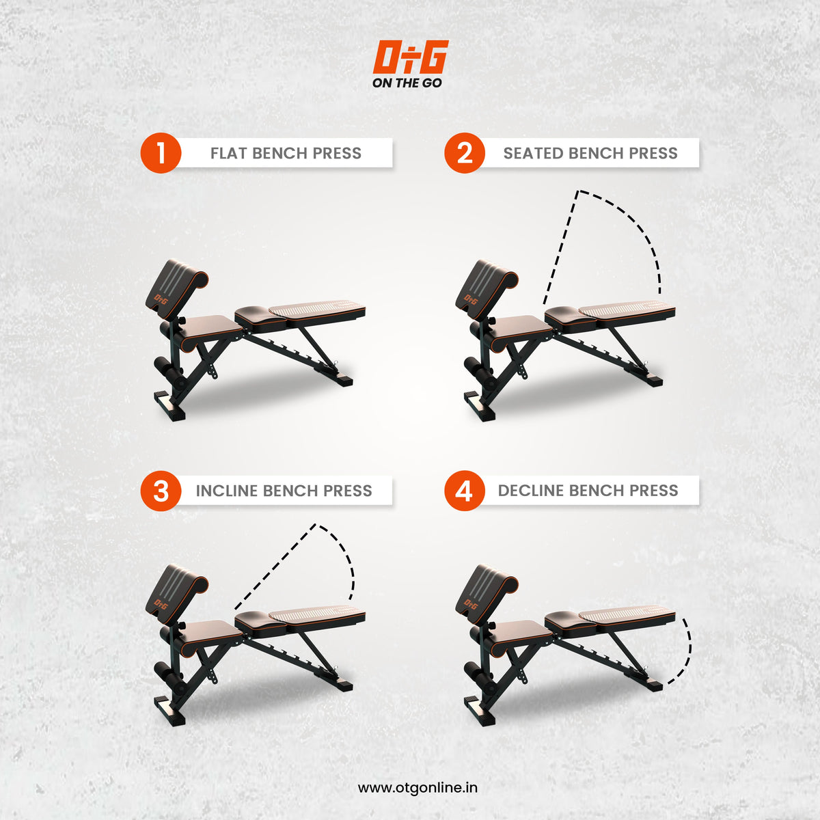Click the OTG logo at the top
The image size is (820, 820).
(410, 57)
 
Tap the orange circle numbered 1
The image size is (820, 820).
(161, 153)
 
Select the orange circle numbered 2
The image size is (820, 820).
(465, 153)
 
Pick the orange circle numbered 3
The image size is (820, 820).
(161, 491)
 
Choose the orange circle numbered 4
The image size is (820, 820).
(465, 491)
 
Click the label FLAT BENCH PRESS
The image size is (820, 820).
(286, 153)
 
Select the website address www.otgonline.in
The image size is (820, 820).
(418, 787)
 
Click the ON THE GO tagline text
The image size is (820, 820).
(407, 83)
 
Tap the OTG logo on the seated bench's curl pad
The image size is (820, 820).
(470, 298)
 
